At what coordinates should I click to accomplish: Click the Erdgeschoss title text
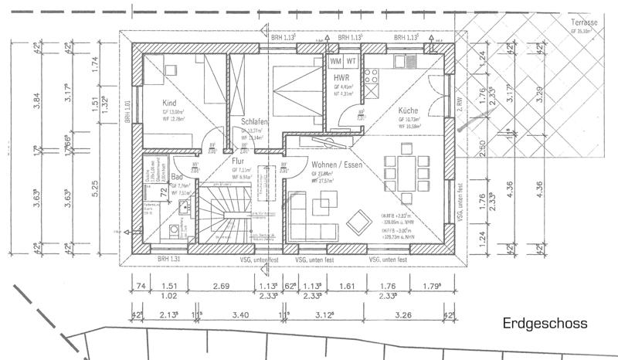click(x=545, y=323)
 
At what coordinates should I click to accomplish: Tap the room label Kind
click(x=170, y=103)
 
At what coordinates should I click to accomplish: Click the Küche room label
click(x=409, y=110)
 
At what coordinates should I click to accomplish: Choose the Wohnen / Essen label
click(x=338, y=165)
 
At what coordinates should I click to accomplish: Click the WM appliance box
click(x=336, y=60)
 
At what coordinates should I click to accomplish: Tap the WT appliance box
click(x=351, y=60)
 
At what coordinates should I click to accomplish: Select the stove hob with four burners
click(x=372, y=78)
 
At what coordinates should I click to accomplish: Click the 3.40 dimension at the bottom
click(x=239, y=314)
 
